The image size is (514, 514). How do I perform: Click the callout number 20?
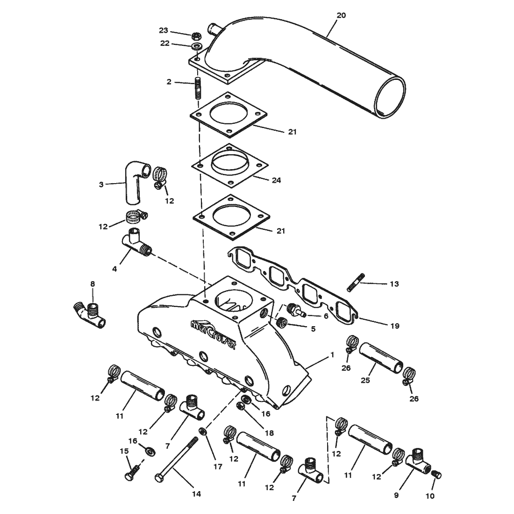[341, 15]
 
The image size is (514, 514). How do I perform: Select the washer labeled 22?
[197, 46]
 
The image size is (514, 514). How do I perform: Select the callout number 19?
[395, 326]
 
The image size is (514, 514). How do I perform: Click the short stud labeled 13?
[356, 282]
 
